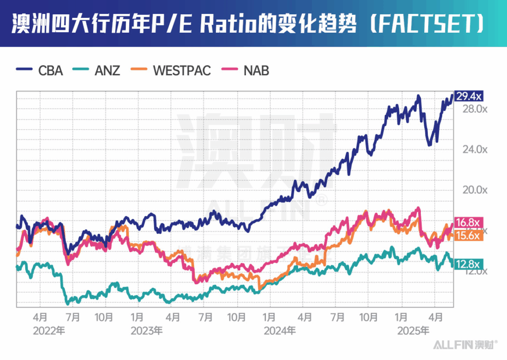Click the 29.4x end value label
point(468,96)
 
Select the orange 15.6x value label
point(468,236)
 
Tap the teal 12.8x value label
point(468,264)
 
